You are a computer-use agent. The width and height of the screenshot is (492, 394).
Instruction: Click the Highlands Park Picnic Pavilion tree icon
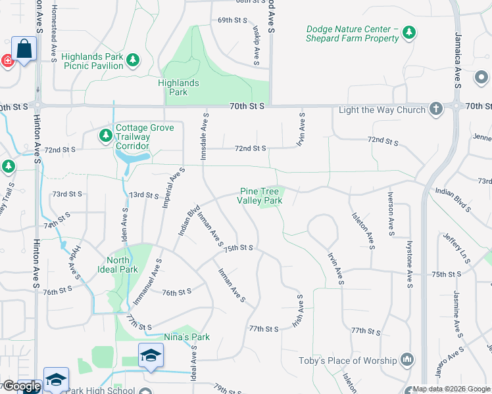tap(134, 60)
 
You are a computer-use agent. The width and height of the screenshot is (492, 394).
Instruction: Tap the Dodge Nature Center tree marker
tap(409, 32)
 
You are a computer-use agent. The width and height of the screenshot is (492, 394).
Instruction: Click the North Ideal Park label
tap(122, 265)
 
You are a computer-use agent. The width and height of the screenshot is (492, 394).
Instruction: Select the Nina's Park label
tap(187, 337)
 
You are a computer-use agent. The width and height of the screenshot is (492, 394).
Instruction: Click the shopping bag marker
tap(24, 49)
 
